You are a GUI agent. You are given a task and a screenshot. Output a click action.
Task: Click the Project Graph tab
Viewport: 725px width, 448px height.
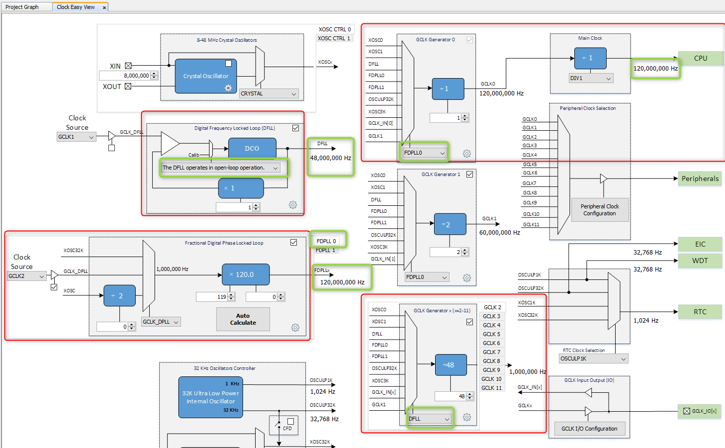click(x=22, y=7)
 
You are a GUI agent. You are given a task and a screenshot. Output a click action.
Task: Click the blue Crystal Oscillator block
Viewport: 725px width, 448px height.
click(x=205, y=76)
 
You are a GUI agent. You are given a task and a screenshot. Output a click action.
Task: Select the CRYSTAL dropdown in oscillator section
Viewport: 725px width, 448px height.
click(x=269, y=93)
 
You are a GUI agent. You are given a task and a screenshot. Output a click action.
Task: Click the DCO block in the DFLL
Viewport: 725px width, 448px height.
click(x=252, y=148)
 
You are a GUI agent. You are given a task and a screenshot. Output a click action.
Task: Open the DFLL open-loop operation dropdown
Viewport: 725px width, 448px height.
click(x=220, y=168)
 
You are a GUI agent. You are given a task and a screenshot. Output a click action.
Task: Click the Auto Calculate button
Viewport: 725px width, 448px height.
click(x=243, y=319)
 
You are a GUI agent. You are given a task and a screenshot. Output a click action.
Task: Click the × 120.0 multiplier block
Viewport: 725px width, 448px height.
click(x=245, y=274)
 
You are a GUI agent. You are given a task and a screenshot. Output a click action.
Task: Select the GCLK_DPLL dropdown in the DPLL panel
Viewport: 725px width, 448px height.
click(x=161, y=322)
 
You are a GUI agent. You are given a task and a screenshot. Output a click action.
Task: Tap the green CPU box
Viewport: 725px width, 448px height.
click(x=700, y=58)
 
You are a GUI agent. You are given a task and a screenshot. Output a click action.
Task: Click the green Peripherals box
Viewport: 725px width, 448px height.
click(x=700, y=179)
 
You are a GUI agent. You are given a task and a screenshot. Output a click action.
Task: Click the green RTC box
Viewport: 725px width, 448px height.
click(x=700, y=312)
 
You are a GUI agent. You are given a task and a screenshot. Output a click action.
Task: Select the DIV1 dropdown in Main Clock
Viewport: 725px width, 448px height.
click(x=591, y=79)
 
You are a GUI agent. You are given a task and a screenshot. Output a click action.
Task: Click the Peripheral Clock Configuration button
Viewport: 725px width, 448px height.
click(x=599, y=210)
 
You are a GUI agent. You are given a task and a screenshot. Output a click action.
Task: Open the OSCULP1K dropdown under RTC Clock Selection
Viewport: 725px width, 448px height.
click(x=593, y=358)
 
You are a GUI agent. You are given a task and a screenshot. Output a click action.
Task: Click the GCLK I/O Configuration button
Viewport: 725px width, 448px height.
click(x=589, y=429)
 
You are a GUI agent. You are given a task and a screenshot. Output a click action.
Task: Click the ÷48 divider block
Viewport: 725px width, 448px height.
click(x=451, y=365)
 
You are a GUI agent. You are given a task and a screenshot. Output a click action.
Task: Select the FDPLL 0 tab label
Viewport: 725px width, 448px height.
click(x=326, y=241)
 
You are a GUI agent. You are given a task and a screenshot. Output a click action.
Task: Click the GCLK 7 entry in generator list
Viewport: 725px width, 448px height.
click(x=491, y=352)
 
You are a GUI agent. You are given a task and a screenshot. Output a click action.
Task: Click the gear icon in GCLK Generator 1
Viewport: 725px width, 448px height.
click(x=466, y=278)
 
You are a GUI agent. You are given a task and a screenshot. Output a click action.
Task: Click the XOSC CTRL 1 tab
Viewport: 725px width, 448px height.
click(x=334, y=38)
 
